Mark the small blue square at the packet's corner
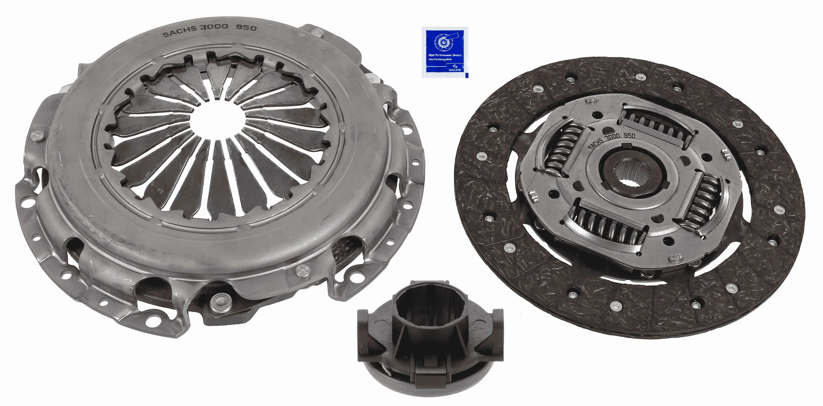tap(466, 76)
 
